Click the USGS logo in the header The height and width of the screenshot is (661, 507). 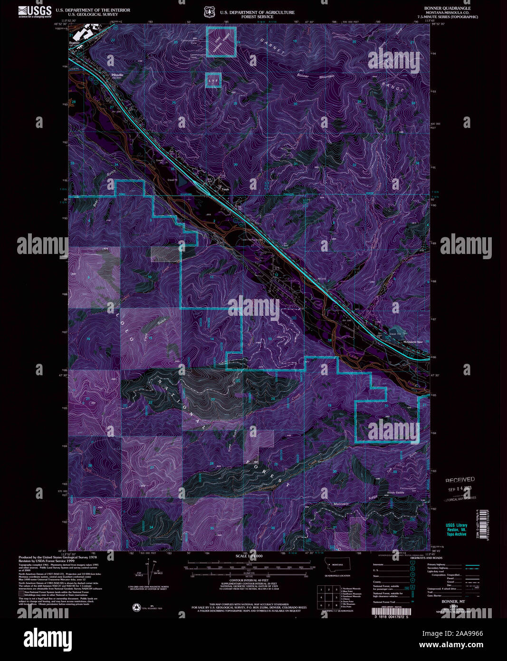coord(35,11)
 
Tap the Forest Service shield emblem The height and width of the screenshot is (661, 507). coord(208,12)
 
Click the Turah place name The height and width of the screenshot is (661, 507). coord(225,189)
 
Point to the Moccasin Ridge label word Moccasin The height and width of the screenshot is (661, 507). coord(340,504)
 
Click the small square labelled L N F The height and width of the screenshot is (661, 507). coord(214,80)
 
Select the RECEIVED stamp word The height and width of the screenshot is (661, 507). coord(460,479)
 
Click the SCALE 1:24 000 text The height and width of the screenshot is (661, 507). coord(249,556)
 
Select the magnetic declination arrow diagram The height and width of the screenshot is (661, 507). coord(152,572)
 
